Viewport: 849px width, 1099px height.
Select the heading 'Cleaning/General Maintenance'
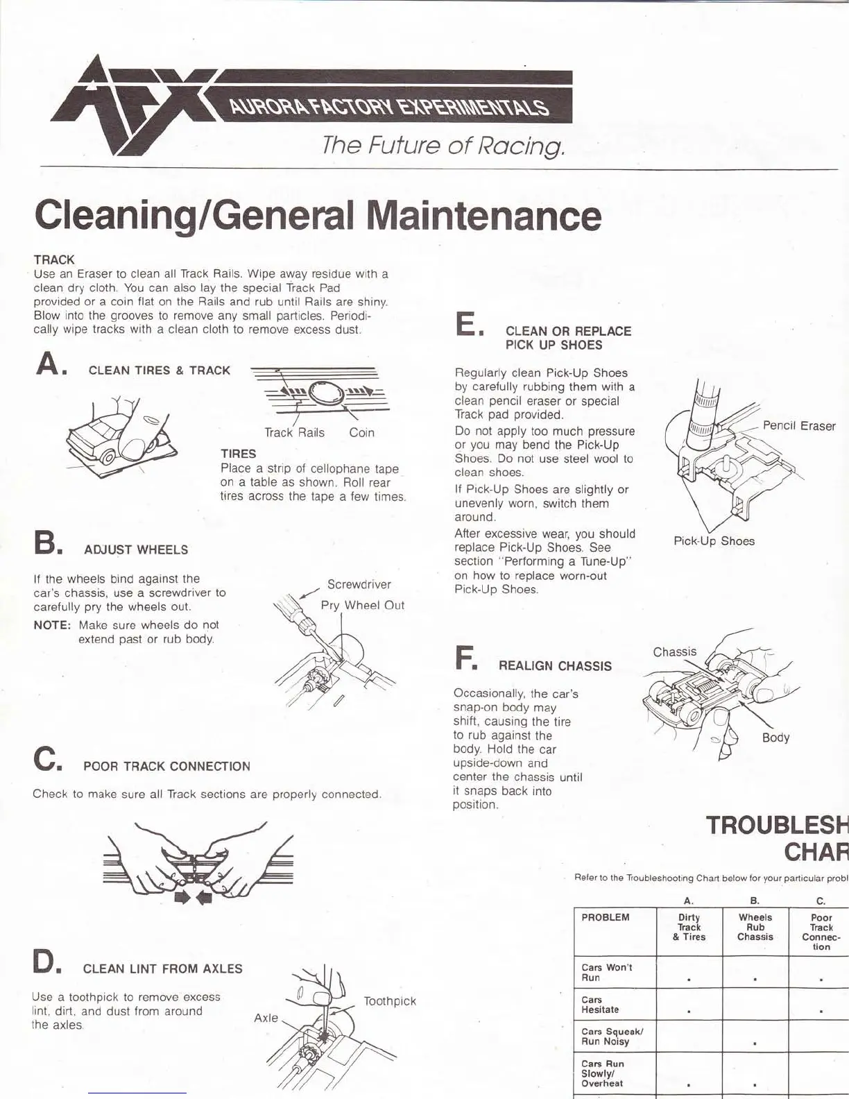click(318, 215)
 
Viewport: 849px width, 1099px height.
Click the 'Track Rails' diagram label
click(294, 433)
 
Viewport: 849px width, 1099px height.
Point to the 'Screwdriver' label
click(359, 584)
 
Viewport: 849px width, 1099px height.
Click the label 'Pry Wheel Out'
click(362, 605)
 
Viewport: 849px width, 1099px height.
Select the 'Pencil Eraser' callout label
click(798, 425)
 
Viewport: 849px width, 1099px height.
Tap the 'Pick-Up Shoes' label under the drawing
click(714, 541)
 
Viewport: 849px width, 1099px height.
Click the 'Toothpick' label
click(390, 1001)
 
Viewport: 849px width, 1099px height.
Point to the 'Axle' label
click(266, 1018)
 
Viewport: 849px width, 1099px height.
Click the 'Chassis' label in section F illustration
click(674, 651)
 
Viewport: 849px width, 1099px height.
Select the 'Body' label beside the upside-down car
click(775, 738)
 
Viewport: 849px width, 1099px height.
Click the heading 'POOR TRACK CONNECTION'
click(166, 767)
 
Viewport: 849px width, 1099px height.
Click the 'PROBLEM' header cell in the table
click(606, 917)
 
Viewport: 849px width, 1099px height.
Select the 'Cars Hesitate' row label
click(600, 1005)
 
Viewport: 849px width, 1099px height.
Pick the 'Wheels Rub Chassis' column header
click(755, 927)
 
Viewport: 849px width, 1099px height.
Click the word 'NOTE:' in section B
click(52, 625)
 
